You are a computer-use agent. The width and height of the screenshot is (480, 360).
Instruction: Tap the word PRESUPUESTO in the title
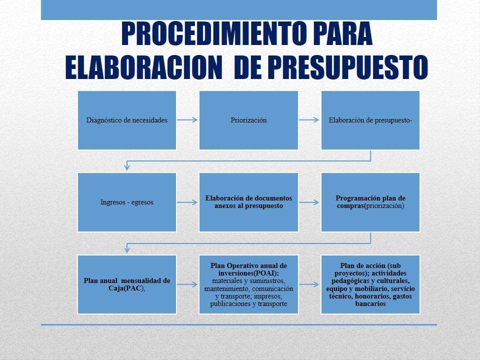(347, 67)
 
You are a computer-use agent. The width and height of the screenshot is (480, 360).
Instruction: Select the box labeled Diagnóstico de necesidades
(127, 120)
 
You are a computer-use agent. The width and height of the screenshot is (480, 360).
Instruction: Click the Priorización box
(248, 120)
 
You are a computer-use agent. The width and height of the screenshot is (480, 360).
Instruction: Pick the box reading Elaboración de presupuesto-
(370, 120)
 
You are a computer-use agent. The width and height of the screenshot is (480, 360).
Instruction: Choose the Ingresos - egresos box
(127, 202)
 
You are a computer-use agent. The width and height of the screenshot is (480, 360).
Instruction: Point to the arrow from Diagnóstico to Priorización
(187, 120)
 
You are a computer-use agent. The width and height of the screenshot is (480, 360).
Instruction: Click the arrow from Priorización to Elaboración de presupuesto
(309, 120)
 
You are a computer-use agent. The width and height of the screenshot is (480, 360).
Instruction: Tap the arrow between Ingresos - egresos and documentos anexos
(187, 202)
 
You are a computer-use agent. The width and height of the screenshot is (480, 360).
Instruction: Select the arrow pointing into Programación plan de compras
(309, 202)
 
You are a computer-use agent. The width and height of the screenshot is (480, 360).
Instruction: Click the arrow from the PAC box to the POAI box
(187, 284)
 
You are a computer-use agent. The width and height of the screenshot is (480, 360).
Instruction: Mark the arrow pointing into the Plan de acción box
(309, 284)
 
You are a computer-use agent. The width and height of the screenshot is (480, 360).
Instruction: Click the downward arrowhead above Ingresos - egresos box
(127, 167)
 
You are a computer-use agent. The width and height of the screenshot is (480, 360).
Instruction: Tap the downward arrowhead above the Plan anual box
(127, 249)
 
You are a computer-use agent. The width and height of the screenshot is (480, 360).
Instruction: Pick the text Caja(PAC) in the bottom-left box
(126, 288)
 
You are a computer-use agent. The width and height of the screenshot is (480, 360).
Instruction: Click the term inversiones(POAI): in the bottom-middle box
(248, 273)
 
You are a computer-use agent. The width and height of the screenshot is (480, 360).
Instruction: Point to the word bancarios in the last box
(370, 303)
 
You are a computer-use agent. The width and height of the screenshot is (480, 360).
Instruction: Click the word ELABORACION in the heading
(143, 67)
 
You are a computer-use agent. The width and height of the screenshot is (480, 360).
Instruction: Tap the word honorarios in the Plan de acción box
(372, 296)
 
